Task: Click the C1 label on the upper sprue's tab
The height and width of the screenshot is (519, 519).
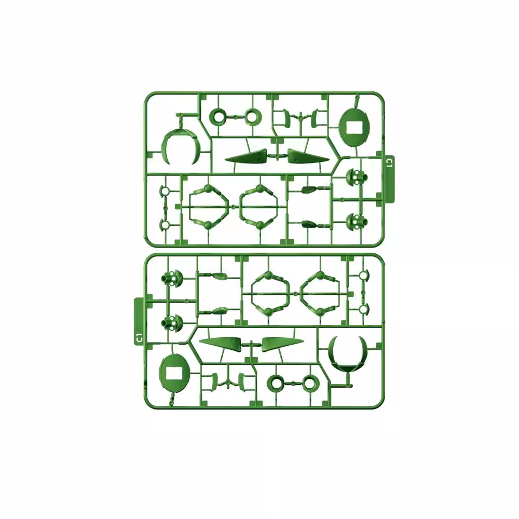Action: (389, 162)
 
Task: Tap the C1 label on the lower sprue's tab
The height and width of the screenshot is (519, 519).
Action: (139, 338)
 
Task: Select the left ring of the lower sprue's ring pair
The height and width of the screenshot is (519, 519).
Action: (276, 384)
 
